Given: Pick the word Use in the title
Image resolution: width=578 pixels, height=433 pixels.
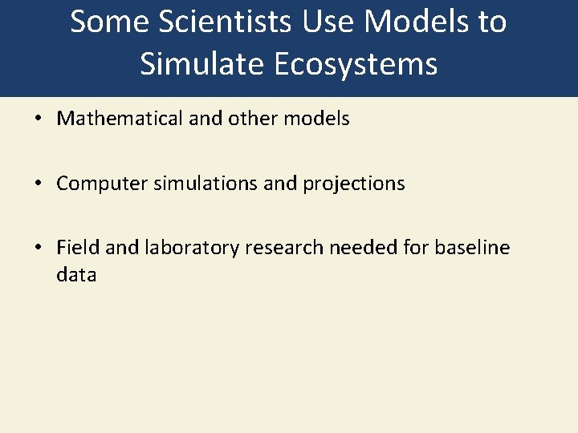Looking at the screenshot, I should (328, 22).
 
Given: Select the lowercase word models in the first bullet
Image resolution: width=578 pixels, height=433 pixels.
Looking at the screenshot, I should (317, 119).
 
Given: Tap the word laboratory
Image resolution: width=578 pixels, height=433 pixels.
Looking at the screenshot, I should (192, 249).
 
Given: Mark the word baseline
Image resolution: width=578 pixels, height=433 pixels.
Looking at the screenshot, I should (472, 248).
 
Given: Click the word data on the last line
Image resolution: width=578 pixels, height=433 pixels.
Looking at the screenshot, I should (76, 275).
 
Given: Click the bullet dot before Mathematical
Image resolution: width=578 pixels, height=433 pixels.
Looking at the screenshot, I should (38, 119).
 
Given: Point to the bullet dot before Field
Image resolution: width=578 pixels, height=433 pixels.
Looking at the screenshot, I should (38, 249).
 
